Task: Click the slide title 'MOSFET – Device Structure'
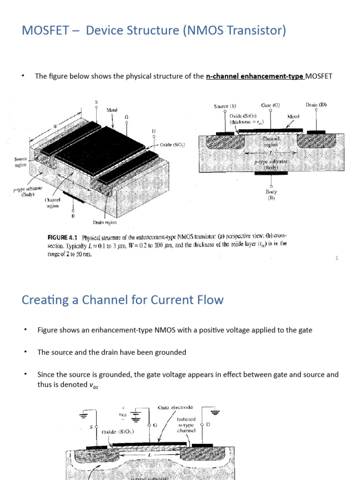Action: point(154,31)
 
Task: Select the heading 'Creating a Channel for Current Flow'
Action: point(122,300)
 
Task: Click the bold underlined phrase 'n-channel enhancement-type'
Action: point(255,76)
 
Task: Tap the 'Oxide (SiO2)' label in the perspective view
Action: point(172,145)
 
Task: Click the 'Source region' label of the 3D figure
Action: point(20,162)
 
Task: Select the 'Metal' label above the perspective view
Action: point(112,110)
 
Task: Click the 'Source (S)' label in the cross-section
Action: point(228,106)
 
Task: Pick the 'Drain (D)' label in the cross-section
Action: point(316,105)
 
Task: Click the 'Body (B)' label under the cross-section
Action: point(271,195)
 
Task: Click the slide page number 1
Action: point(337,258)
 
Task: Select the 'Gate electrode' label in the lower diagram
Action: point(176,408)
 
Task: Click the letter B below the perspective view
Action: point(73,216)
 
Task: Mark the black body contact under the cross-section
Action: point(271,173)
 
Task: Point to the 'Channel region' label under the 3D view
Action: point(52,203)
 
